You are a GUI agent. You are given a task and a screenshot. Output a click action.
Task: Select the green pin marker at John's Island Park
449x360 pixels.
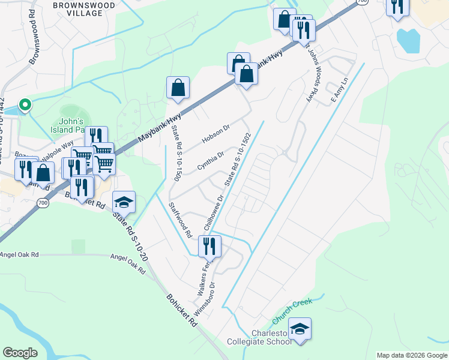coord(25,106)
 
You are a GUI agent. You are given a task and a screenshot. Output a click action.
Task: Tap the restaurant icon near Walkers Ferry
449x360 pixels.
coord(209,245)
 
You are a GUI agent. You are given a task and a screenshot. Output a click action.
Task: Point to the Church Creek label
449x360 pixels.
coord(289,311)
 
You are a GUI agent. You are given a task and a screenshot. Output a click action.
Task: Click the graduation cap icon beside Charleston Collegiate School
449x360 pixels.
coord(300,329)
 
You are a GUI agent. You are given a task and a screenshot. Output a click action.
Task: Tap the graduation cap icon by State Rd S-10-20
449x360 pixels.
coord(124,202)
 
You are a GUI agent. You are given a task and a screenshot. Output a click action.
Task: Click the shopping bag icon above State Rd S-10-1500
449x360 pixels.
coord(178,88)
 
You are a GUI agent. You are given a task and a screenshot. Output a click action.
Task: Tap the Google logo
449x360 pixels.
coord(20,353)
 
